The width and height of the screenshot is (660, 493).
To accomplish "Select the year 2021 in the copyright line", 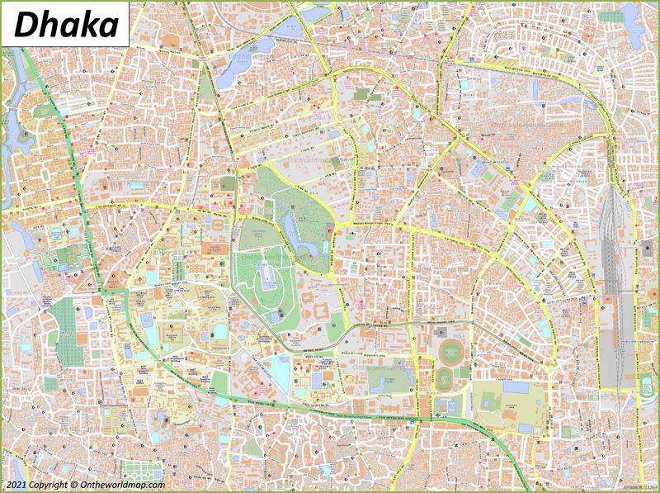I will click(x=14, y=485).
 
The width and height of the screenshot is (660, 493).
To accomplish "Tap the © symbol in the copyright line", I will click(x=74, y=485).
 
